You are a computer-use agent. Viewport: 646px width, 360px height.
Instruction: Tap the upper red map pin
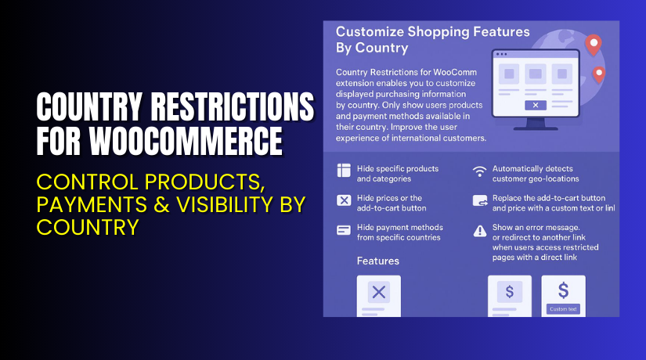click(593, 45)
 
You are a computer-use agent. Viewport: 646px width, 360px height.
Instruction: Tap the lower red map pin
click(599, 75)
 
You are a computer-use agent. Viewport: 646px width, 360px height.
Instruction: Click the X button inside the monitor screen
click(535, 104)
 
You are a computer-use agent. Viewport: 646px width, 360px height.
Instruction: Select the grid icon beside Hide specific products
click(344, 171)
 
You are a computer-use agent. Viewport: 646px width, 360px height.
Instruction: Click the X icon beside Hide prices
click(344, 200)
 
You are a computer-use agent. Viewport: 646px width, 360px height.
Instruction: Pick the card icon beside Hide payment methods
click(344, 230)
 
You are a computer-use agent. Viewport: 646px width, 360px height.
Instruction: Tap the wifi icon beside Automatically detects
click(479, 171)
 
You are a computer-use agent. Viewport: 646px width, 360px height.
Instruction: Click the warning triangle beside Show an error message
click(479, 230)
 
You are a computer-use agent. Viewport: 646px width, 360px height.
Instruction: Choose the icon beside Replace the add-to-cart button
click(479, 201)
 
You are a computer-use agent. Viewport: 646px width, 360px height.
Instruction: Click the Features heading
click(377, 261)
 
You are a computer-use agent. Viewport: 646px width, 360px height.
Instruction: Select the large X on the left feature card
click(378, 293)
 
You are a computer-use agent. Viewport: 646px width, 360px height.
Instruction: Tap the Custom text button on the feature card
click(563, 308)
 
